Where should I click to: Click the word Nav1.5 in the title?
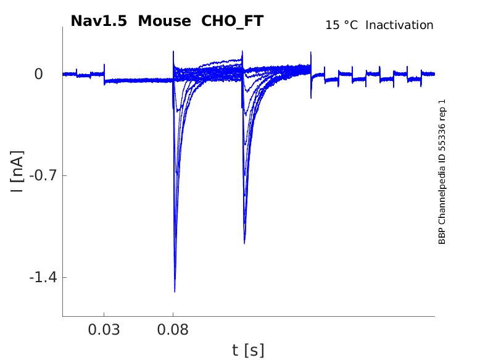click(x=99, y=21)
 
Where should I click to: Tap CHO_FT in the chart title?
click(x=233, y=21)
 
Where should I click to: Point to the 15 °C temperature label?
click(x=341, y=25)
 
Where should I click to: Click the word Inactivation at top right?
click(x=400, y=25)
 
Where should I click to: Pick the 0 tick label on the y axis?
click(x=39, y=74)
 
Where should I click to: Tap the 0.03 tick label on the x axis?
click(x=104, y=330)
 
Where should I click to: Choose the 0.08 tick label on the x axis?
click(x=173, y=330)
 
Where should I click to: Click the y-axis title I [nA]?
click(x=17, y=171)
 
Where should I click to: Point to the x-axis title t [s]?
click(x=248, y=351)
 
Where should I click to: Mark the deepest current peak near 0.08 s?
click(x=175, y=291)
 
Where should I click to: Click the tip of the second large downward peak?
click(x=244, y=243)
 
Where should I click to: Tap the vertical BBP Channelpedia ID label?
click(x=442, y=172)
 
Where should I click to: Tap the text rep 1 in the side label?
click(x=442, y=107)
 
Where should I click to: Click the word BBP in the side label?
click(x=442, y=237)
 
